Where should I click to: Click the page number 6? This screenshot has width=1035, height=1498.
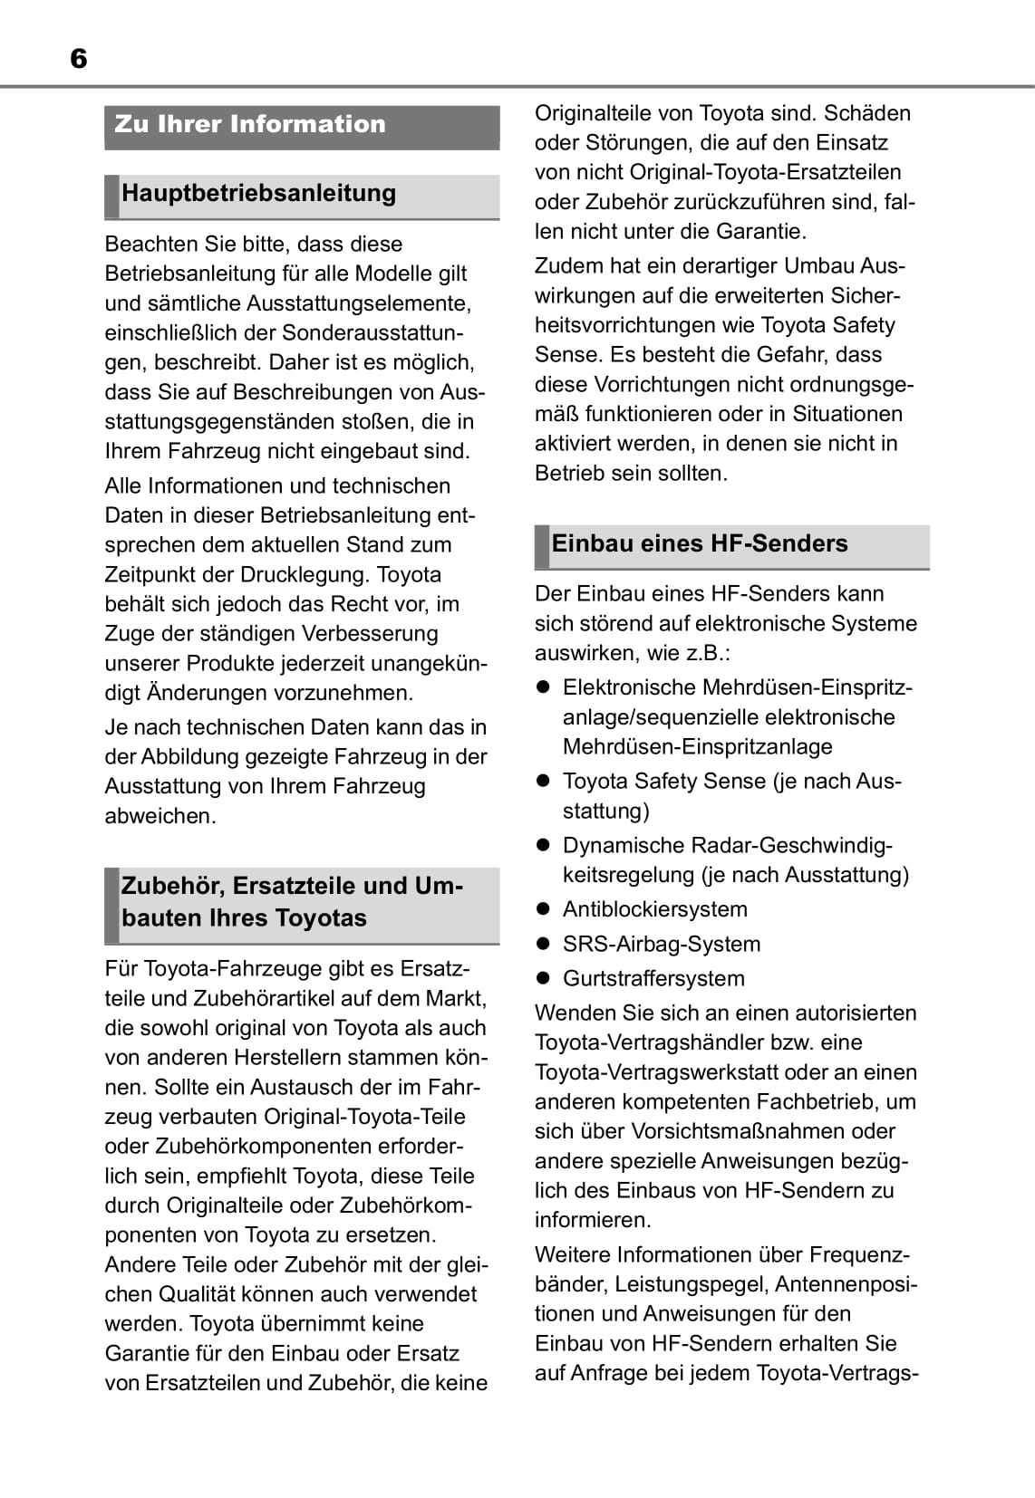tap(78, 59)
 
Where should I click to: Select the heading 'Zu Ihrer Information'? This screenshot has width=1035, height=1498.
tap(250, 124)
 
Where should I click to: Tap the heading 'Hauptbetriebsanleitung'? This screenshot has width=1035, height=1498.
tap(258, 193)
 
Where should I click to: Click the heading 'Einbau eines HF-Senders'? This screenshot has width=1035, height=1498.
tap(699, 543)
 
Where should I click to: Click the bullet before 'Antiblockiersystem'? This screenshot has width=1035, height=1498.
tap(544, 909)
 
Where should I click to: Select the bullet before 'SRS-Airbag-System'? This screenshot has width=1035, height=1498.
tap(544, 944)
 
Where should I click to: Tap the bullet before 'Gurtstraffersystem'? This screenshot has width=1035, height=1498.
tap(544, 978)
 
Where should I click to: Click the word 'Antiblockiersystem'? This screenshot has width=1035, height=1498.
tap(654, 909)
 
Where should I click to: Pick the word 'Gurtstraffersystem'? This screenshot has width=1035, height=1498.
tap(653, 978)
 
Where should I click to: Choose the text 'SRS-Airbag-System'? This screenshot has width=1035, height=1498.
tap(661, 944)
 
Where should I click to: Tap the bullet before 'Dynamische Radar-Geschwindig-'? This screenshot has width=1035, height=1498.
tap(544, 845)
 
